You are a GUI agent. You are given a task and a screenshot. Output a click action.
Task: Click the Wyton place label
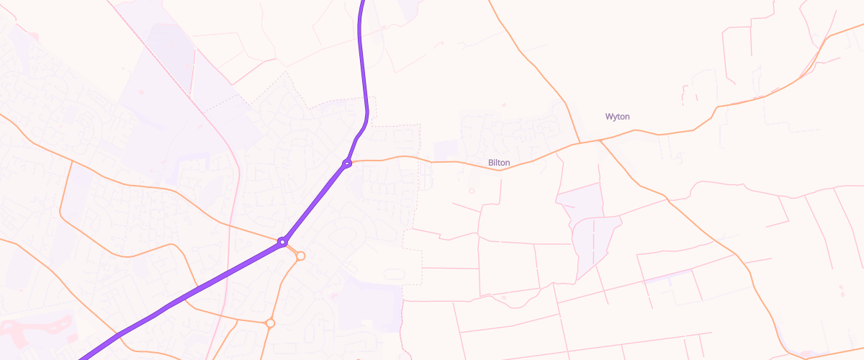point(618,117)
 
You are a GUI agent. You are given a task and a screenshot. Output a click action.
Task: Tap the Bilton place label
point(499,163)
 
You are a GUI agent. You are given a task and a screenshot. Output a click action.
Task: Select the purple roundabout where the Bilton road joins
point(347,163)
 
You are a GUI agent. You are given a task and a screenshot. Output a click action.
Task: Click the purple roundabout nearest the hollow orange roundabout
point(284,242)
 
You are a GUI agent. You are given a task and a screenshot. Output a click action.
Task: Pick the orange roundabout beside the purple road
point(301,256)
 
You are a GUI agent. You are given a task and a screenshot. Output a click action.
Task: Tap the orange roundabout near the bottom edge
point(270,323)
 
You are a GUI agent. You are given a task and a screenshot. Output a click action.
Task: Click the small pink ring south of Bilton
point(472,191)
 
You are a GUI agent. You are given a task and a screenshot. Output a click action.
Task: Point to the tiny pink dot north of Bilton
point(503,105)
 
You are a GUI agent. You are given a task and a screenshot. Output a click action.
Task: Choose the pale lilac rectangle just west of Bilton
point(446,150)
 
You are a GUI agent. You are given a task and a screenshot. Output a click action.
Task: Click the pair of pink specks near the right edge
point(842,290)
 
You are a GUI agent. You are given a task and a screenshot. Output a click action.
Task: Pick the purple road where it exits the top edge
point(363,2)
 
